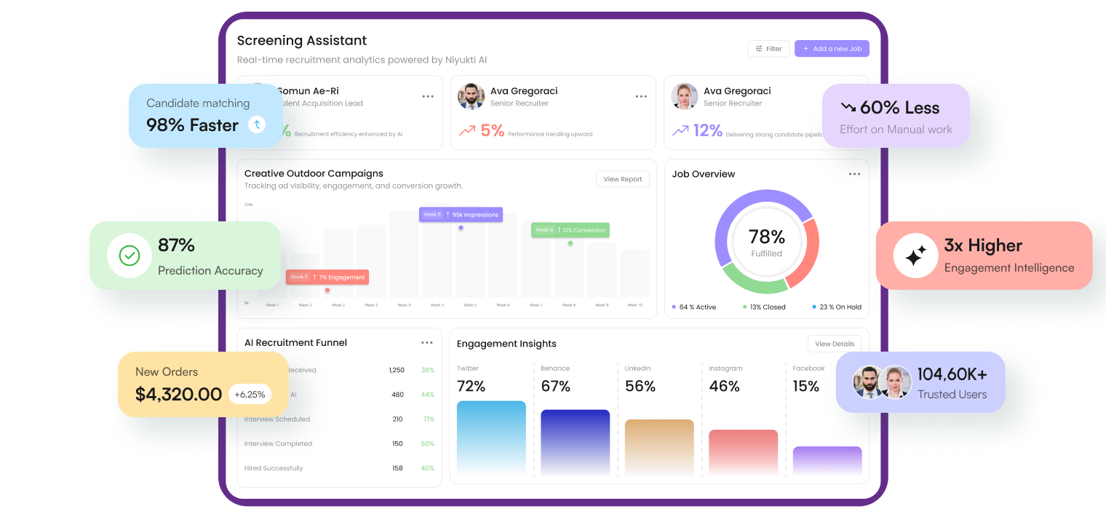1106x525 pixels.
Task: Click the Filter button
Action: coord(768,49)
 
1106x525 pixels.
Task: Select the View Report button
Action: coord(622,179)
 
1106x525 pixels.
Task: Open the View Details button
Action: coord(834,344)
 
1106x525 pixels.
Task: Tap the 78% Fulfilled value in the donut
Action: coord(767,237)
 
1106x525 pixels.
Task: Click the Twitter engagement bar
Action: coord(491,437)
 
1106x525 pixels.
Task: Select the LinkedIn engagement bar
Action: coord(659,446)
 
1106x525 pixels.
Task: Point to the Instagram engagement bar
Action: coord(743,451)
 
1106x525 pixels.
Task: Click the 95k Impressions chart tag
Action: coord(461,215)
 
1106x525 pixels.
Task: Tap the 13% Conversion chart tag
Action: coord(570,230)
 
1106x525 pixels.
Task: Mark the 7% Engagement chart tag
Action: coord(327,277)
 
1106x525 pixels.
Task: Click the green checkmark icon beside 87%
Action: coord(130,256)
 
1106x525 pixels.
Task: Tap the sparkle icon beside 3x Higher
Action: coord(915,256)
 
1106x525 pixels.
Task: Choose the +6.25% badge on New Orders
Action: coord(250,395)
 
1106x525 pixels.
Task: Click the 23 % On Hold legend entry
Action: coord(837,307)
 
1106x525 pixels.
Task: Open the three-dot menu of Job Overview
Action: coord(854,174)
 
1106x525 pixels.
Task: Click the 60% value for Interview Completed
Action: coord(428,443)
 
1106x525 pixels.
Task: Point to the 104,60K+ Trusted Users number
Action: coord(952,374)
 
